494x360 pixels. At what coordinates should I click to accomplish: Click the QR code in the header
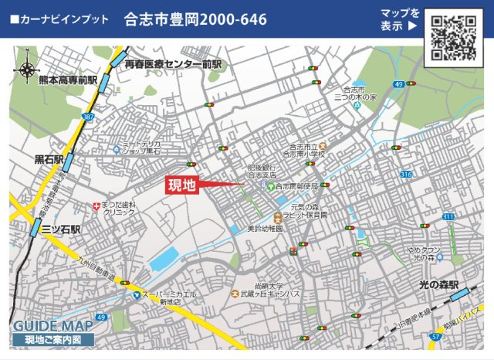point(453,37)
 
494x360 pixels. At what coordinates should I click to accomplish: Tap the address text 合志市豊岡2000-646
point(195,20)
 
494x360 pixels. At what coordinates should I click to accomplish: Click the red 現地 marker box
point(183,185)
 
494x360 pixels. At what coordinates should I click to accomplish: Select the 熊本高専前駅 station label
point(68,80)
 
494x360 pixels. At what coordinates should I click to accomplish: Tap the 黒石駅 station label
point(49,160)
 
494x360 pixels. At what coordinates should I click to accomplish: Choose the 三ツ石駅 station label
point(61,229)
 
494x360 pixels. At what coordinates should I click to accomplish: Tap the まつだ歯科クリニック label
point(119,208)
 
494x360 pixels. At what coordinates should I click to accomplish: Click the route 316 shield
point(406,175)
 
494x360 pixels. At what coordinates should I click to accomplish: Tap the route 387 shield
point(87,117)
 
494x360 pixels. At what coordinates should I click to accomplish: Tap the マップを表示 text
point(399,19)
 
